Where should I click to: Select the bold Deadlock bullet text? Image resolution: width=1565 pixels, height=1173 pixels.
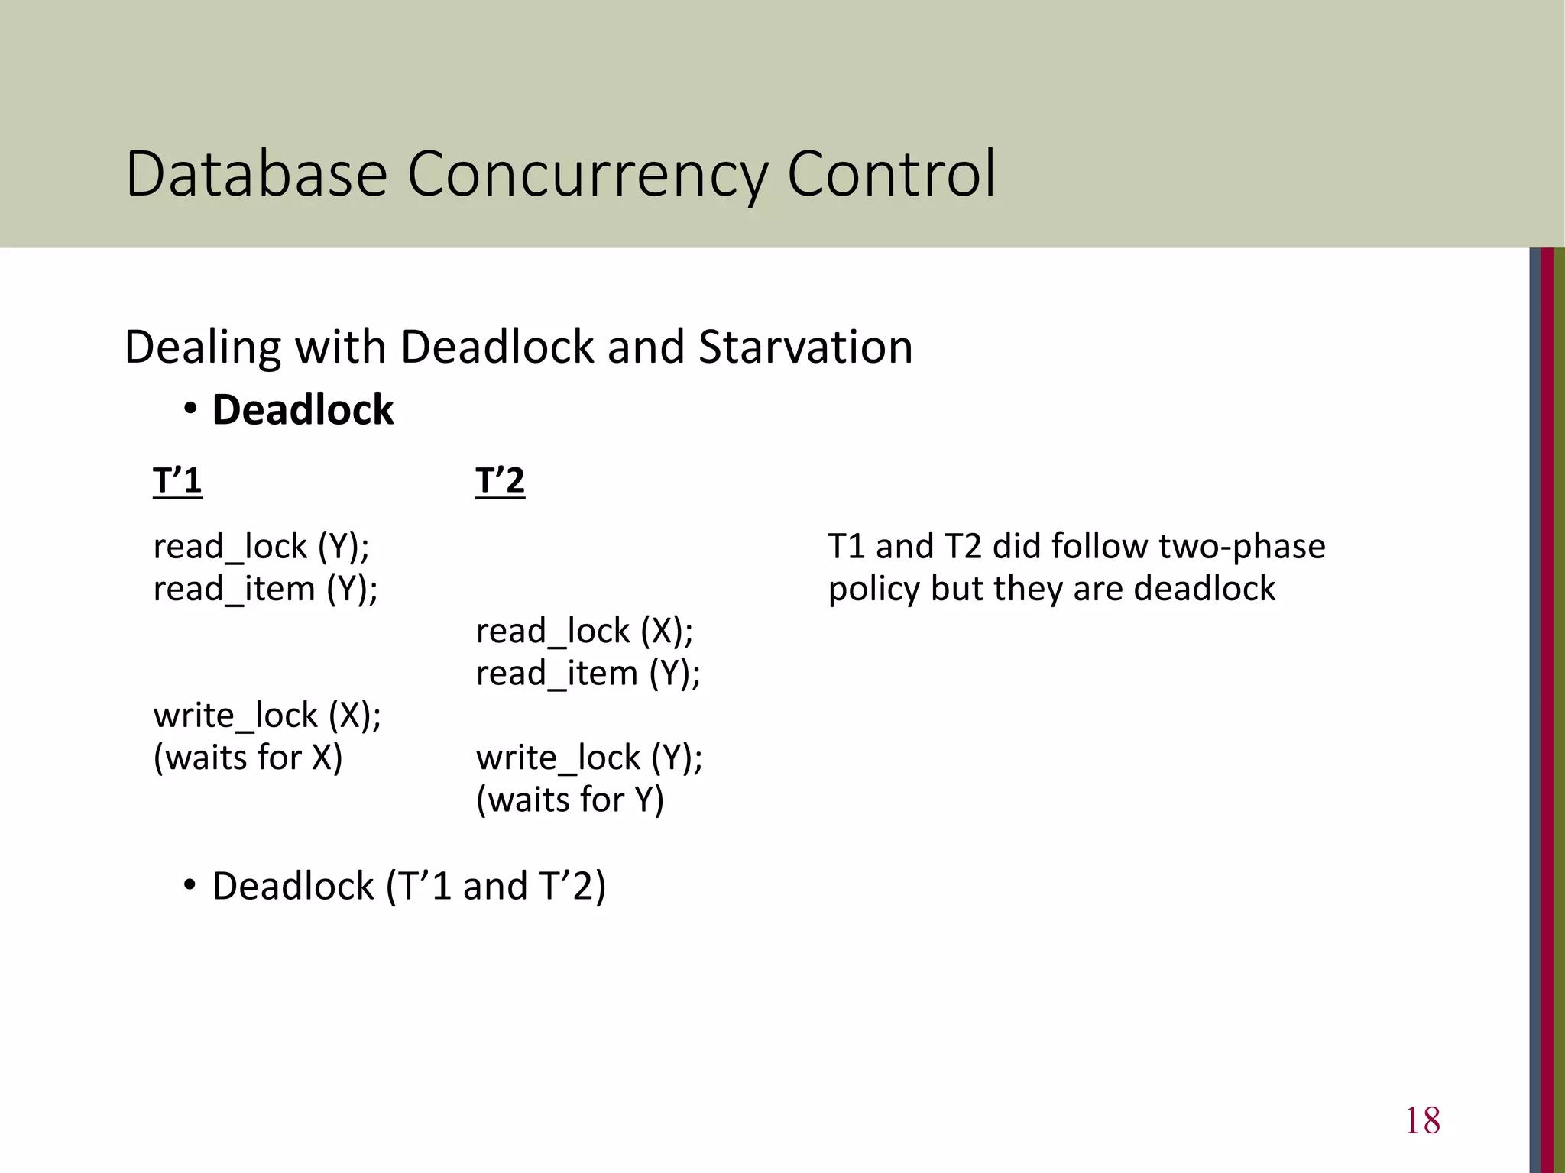[x=303, y=410]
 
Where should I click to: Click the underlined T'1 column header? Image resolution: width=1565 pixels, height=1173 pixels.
[x=177, y=481]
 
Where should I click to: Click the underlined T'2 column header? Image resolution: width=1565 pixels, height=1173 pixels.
[x=500, y=481]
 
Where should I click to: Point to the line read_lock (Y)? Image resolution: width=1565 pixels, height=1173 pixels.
[x=261, y=547]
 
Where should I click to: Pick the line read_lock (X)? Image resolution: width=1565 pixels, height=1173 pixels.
[x=584, y=631]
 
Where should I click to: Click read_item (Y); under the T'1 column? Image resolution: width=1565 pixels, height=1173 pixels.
[x=265, y=589]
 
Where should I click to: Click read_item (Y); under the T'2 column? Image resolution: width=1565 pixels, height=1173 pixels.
[x=588, y=674]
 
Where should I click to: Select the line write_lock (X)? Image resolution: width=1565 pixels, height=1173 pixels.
[x=267, y=716]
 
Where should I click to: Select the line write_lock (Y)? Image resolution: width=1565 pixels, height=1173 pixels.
[x=589, y=758]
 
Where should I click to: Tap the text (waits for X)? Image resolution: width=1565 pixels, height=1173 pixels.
[x=248, y=758]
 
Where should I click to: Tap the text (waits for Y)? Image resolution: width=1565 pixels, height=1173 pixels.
[x=570, y=800]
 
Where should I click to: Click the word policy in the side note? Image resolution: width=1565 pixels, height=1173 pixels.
[x=873, y=589]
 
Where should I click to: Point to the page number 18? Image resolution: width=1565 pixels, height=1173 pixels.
[x=1422, y=1120]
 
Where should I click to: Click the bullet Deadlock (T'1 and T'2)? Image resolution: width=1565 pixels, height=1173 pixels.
[x=408, y=886]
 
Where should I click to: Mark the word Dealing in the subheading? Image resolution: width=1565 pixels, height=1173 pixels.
[x=203, y=347]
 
